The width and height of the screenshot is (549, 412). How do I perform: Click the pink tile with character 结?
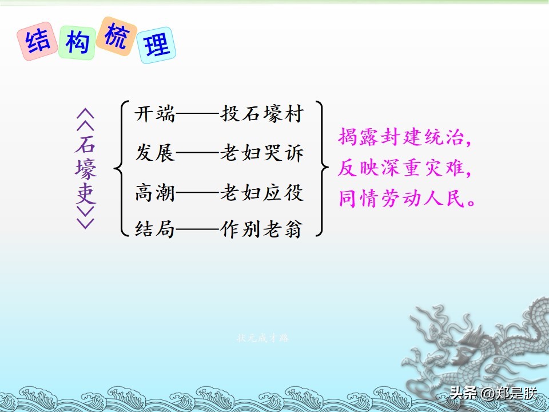38,41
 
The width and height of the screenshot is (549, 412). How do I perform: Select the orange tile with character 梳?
117,35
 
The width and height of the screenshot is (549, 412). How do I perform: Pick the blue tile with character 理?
156,45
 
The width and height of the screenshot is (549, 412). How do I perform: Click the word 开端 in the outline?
154,114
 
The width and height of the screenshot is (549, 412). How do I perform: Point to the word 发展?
154,153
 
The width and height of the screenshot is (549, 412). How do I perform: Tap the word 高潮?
154,193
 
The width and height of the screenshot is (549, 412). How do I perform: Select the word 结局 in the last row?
154,229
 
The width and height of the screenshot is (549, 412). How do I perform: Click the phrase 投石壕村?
262,114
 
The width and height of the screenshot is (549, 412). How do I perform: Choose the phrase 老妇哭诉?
262,153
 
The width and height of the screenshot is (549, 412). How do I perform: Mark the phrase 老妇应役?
262,193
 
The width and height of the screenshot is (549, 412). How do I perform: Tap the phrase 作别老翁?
262,229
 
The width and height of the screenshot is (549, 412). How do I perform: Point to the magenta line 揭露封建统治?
404,137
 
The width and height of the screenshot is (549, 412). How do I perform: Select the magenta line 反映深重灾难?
404,168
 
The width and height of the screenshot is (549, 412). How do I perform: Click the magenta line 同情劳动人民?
407,199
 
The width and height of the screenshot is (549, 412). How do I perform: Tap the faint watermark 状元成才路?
263,338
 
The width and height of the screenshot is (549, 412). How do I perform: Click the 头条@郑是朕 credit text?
494,393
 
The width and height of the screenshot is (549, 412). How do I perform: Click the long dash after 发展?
197,153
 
